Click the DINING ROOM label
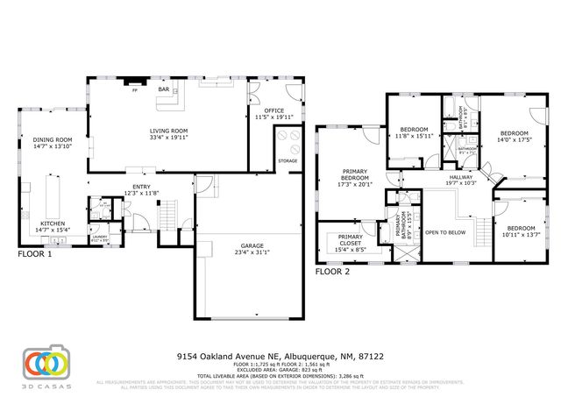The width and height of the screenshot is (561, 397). coord(53,139)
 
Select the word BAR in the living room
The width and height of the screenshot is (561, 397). coord(163,89)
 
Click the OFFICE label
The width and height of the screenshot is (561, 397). coord(274,110)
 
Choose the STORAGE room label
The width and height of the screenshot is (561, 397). coord(288,160)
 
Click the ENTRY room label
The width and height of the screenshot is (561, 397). coord(141,186)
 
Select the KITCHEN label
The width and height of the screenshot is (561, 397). coord(53,223)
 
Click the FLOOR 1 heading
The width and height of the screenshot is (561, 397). coord(35,254)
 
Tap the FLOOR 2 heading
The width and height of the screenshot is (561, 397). coord(333,272)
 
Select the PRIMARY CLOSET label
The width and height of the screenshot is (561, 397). coord(351,237)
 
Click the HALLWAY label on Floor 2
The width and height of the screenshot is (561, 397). coord(459,177)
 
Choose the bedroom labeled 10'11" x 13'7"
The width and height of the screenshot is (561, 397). coord(521,230)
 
